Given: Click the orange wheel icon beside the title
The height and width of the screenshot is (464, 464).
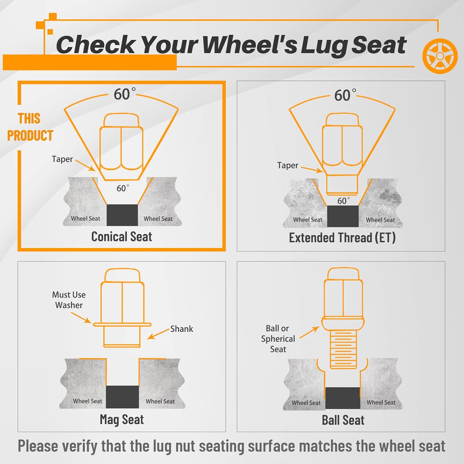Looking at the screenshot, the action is (440, 56).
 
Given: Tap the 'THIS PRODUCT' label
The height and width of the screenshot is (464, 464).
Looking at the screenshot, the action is (30, 127).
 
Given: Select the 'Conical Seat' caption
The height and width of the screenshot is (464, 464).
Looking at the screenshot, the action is (122, 237).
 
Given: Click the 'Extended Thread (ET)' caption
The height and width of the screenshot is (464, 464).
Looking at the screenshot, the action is (342, 238).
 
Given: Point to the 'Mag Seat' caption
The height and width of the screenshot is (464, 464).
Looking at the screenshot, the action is (122, 420).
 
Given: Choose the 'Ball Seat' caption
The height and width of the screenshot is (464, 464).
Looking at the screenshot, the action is (343, 420).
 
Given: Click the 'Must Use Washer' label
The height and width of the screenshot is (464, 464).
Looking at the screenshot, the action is (69, 300).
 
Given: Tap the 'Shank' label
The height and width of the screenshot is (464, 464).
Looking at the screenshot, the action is (182, 329).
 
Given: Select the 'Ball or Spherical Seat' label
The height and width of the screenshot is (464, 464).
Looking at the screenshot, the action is (278, 339).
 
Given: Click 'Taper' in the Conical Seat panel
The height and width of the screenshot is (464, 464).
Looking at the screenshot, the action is (62, 159).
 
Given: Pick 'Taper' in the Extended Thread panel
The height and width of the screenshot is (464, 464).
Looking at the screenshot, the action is (288, 165).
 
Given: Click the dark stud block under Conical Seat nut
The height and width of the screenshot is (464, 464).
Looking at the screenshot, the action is (122, 215).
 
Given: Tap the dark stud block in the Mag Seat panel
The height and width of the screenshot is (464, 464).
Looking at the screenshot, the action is (122, 397).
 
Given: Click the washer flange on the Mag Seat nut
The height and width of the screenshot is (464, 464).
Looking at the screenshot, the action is (122, 324).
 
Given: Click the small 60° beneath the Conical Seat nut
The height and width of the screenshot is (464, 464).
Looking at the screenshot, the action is (123, 188).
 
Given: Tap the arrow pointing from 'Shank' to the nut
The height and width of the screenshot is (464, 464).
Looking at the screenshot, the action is (158, 334).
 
